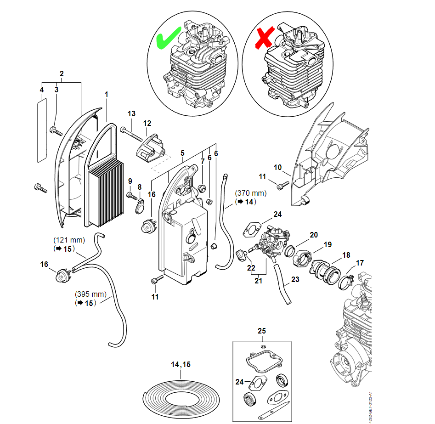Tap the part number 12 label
[147, 123]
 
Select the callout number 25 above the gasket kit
[262, 331]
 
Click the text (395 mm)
[90, 294]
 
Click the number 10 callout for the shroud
[278, 167]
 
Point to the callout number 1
[106, 95]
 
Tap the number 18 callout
[346, 255]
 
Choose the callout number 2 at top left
[62, 73]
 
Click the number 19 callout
[328, 244]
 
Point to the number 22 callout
[251, 268]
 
